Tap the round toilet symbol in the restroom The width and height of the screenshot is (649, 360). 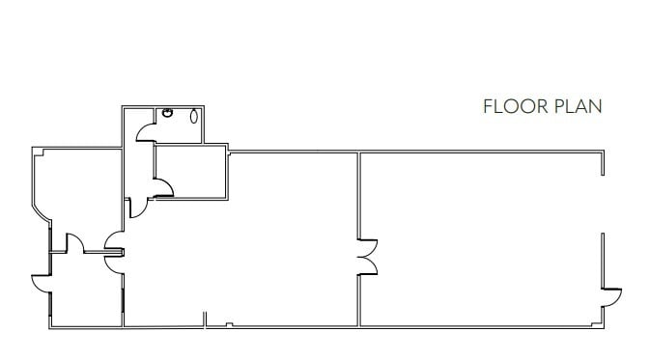169,113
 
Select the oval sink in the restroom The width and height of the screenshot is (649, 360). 196,117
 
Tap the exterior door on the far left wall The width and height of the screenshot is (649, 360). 42,285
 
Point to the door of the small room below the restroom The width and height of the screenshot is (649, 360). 163,184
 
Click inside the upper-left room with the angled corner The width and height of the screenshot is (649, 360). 77,193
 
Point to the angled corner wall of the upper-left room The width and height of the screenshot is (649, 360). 42,209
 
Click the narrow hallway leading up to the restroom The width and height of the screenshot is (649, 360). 137,164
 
